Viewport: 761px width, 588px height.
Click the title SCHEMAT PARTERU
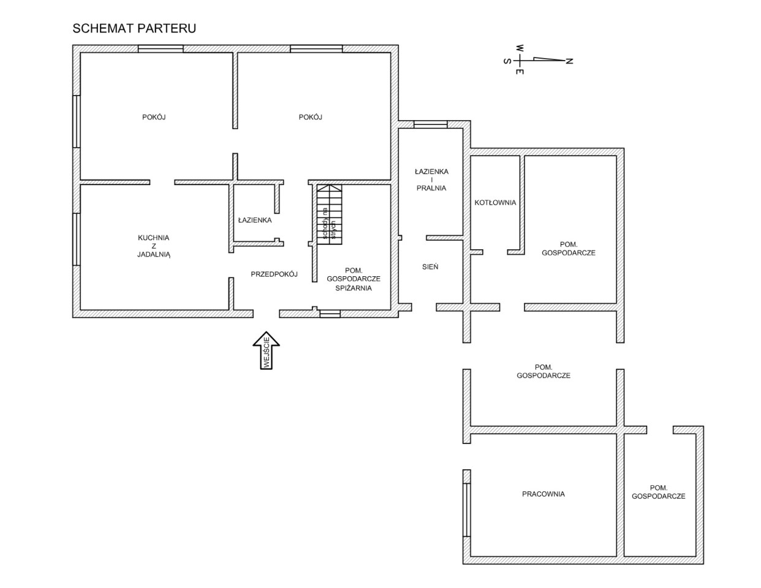134,28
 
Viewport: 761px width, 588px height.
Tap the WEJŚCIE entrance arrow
266,350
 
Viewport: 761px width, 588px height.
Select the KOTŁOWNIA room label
495,203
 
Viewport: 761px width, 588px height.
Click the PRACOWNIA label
543,494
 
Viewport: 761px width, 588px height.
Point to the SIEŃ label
430,266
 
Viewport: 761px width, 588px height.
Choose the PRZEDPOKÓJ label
274,274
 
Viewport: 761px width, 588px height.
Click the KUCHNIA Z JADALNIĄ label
153,246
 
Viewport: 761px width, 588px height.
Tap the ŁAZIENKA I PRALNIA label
431,180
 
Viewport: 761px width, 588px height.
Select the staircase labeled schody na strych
330,214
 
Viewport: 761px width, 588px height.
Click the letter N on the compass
569,61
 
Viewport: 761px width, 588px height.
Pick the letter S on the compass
507,61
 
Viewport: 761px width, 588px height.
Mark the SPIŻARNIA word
354,288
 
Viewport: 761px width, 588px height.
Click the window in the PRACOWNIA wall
466,510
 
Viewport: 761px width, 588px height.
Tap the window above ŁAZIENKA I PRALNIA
430,124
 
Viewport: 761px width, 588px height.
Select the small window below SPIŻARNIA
330,314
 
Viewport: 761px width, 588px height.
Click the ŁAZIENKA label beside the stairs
255,220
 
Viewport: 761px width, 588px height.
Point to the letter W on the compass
520,48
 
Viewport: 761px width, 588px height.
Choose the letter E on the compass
520,72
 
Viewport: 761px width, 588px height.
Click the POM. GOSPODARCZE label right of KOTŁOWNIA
569,249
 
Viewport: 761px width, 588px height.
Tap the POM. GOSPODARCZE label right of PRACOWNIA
659,492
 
